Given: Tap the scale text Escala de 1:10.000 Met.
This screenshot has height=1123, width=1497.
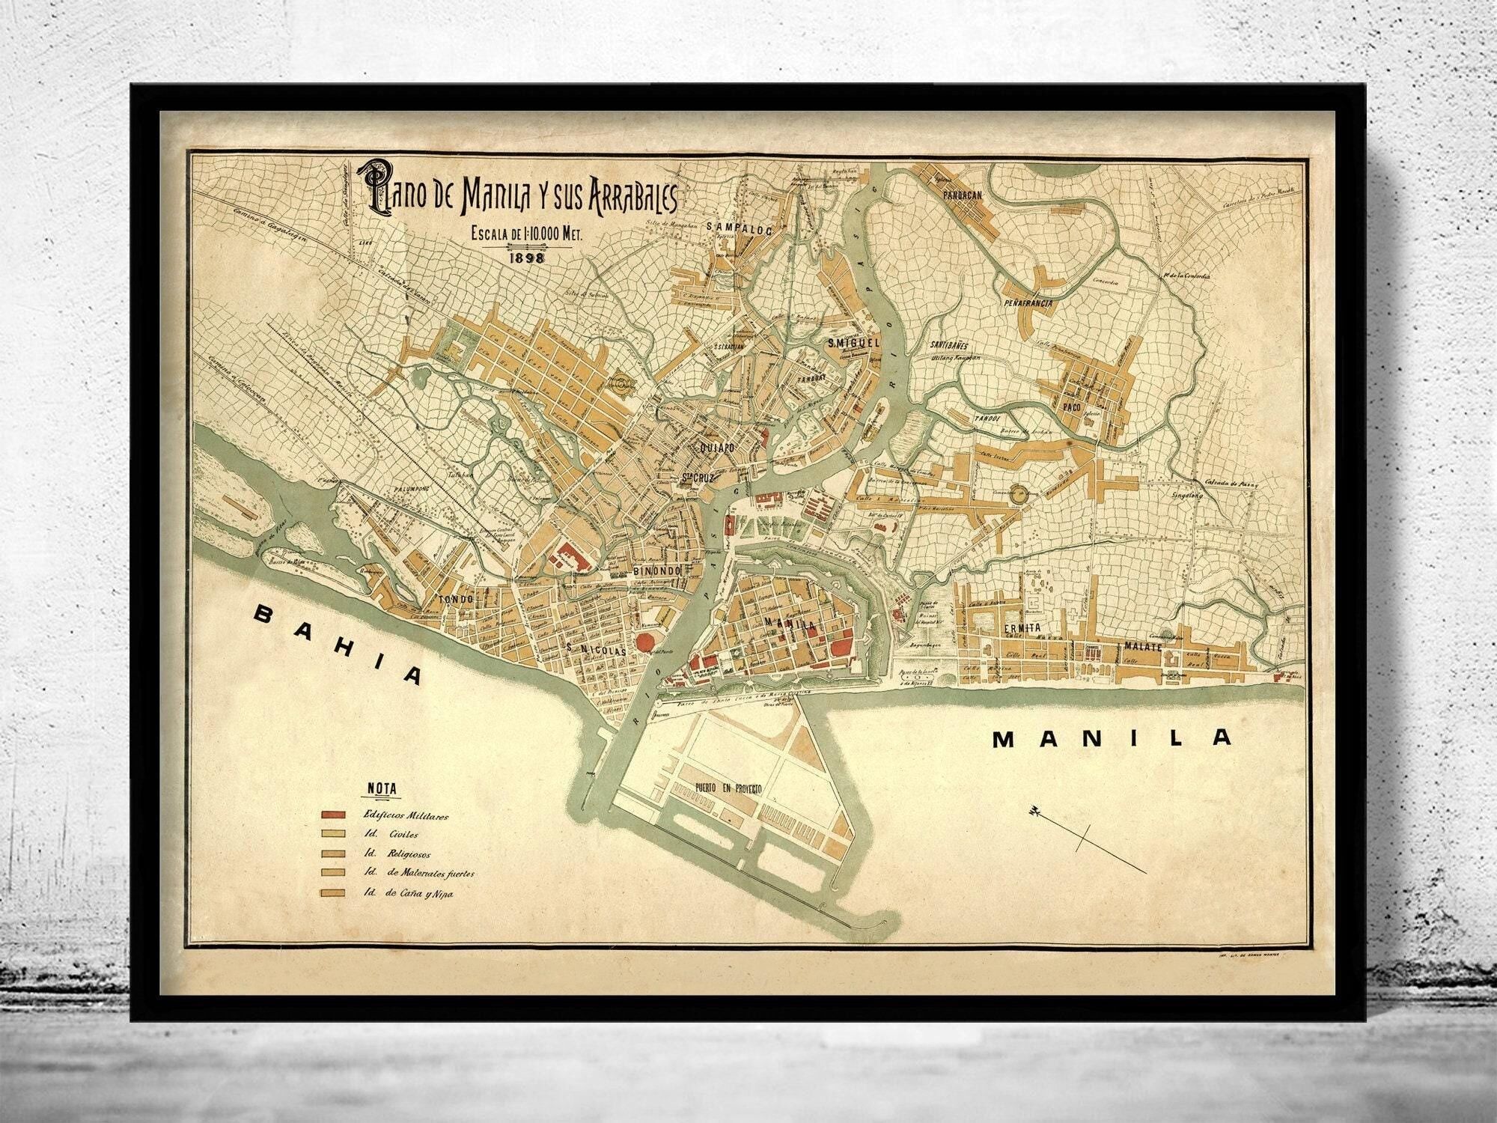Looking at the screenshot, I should click(526, 234).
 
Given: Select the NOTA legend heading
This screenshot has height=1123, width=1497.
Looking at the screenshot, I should click(382, 788).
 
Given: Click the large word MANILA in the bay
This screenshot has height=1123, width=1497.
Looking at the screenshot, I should click(1112, 738).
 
